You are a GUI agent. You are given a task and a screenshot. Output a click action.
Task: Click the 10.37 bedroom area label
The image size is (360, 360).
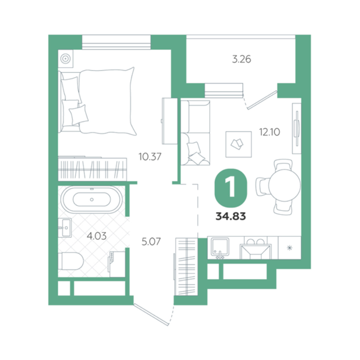point(150,157)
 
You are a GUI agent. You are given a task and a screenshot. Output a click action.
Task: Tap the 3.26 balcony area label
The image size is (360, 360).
point(241,59)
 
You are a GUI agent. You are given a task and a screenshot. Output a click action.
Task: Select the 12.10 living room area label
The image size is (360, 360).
point(270,132)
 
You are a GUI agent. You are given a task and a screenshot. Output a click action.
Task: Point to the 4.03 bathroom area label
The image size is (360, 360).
point(97,236)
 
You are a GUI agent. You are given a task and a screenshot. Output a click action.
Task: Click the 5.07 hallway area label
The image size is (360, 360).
point(151,241)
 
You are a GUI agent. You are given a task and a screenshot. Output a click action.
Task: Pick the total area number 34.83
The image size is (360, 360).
point(231,216)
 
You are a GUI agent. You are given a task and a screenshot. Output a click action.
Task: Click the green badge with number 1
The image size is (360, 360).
point(231,188)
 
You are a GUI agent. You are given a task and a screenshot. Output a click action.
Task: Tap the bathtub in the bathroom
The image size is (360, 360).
point(92,199)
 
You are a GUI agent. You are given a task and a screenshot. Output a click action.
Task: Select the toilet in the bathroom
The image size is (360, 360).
point(71,261)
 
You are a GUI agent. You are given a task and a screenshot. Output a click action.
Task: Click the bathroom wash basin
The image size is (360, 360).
point(65,228)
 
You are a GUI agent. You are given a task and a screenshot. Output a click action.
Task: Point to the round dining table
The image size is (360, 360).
point(285,185)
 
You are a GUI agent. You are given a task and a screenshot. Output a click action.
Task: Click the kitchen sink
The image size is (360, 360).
point(220,247)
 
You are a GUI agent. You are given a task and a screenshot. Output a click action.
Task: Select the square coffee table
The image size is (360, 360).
point(239,144)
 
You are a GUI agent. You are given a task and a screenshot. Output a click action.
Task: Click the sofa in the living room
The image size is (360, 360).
point(195,133)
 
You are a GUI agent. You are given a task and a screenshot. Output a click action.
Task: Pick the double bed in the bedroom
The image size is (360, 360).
point(97,101)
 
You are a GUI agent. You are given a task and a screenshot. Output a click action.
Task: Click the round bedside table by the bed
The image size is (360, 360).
point(66,59)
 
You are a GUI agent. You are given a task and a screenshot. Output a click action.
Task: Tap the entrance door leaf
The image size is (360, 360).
point(151,315)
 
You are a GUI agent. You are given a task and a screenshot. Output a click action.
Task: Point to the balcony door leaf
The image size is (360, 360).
point(262,100)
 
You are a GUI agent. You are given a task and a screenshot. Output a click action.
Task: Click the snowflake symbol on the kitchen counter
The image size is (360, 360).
point(290,248)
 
